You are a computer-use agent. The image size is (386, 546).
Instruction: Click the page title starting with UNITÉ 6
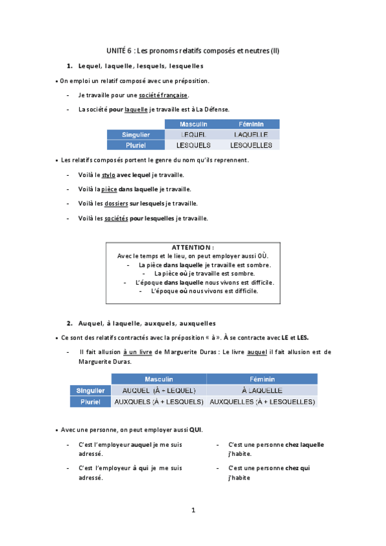pyautogui.click(x=193, y=50)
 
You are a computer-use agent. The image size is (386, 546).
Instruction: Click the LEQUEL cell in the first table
pyautogui.click(x=189, y=135)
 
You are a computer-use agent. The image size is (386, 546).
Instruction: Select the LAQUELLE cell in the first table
pyautogui.click(x=251, y=135)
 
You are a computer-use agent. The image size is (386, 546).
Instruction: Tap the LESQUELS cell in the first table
pyautogui.click(x=189, y=145)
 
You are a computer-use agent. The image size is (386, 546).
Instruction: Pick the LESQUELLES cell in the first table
pyautogui.click(x=251, y=145)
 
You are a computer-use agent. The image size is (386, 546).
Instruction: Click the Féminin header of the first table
pyautogui.click(x=251, y=124)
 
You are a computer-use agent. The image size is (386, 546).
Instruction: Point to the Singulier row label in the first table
pyautogui.click(x=136, y=135)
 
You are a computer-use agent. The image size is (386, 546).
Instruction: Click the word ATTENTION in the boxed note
pyautogui.click(x=193, y=247)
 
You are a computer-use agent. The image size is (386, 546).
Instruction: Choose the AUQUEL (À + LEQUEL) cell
pyautogui.click(x=159, y=390)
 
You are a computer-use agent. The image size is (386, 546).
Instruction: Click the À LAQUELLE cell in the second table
pyautogui.click(x=262, y=390)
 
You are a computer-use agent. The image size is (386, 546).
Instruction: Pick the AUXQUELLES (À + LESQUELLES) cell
pyautogui.click(x=262, y=402)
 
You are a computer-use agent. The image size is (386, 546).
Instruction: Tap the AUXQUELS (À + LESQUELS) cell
pyautogui.click(x=159, y=402)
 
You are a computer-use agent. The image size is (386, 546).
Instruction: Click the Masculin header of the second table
pyautogui.click(x=159, y=379)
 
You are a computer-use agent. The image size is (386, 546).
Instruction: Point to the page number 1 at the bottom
pyautogui.click(x=193, y=511)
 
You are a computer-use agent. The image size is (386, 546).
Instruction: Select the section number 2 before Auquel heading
pyautogui.click(x=69, y=323)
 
